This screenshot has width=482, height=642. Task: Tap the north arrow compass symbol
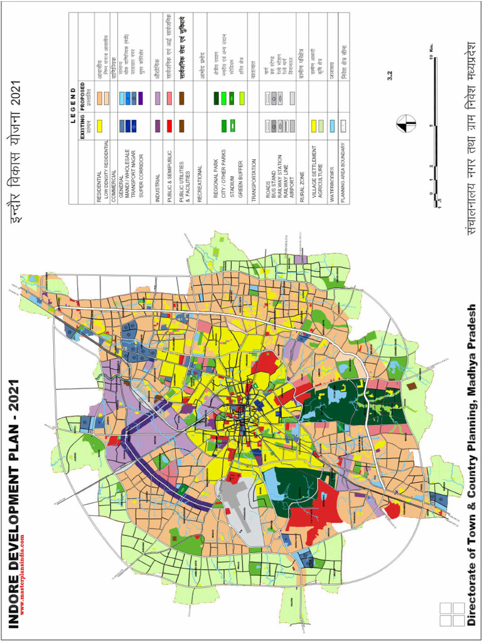coord(402,124)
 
